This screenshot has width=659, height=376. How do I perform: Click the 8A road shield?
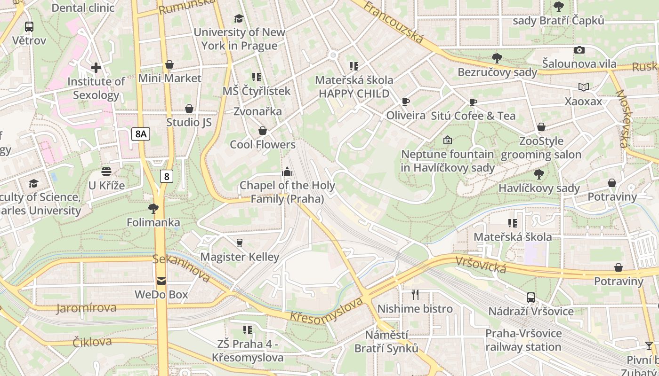click(x=141, y=134)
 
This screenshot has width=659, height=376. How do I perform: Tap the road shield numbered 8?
click(x=166, y=176)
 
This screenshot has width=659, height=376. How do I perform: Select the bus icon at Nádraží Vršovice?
click(x=531, y=297)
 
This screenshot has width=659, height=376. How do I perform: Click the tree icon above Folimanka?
click(x=153, y=208)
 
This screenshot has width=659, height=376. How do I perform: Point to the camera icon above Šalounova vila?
click(x=579, y=50)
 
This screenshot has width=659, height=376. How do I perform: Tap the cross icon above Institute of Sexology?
click(x=96, y=68)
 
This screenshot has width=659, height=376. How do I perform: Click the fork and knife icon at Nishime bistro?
click(x=415, y=295)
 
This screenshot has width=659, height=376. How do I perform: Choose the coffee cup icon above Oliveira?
click(x=406, y=102)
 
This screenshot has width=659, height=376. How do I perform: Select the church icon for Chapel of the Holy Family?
click(x=287, y=172)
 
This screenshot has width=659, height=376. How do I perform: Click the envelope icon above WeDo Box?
click(x=161, y=281)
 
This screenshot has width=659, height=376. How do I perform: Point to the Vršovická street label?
click(x=481, y=265)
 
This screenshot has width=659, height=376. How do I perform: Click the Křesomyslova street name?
click(x=327, y=310)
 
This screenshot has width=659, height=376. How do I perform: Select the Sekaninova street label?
click(x=181, y=268)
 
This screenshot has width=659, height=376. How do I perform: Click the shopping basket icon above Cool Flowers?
click(x=263, y=131)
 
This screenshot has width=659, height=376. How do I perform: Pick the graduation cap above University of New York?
click(x=239, y=18)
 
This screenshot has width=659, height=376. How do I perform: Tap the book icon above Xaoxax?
click(x=584, y=87)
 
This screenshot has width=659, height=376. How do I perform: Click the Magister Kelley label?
click(x=240, y=257)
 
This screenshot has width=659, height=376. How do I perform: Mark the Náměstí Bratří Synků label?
click(x=387, y=342)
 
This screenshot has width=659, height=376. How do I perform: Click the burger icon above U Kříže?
click(x=106, y=172)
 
